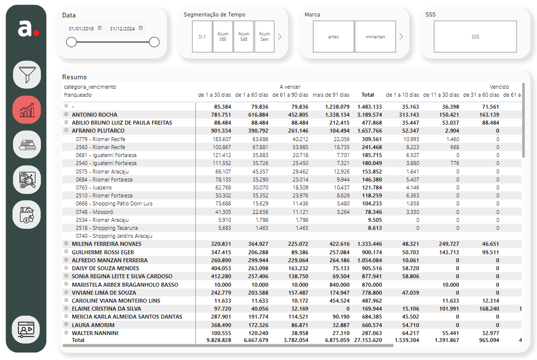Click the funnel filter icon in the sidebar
click(x=27, y=75)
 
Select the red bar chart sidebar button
click(x=27, y=110)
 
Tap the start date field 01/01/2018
click(x=85, y=28)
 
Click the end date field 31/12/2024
click(x=126, y=28)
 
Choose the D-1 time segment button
click(x=202, y=37)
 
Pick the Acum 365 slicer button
click(x=223, y=37)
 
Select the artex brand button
click(x=334, y=37)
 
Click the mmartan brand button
click(x=375, y=37)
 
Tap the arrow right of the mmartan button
click(x=401, y=37)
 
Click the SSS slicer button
click(x=475, y=37)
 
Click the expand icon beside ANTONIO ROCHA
click(x=66, y=114)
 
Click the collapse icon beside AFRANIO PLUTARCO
click(x=66, y=130)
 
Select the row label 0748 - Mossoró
click(x=95, y=212)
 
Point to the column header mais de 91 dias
click(x=331, y=95)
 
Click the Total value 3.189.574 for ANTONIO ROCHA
click(x=369, y=115)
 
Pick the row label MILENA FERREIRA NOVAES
click(x=107, y=244)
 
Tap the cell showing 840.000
click(x=340, y=285)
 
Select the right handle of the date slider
click(x=155, y=42)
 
